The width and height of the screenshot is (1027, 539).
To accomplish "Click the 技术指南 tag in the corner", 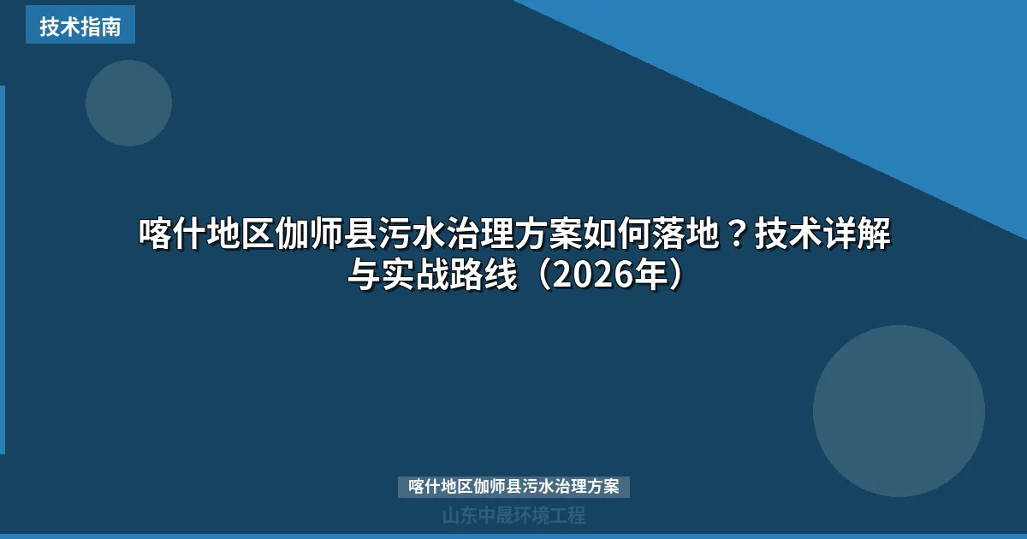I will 80,27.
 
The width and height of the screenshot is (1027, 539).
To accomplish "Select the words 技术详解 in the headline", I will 822,234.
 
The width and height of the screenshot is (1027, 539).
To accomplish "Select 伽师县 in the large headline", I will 326,234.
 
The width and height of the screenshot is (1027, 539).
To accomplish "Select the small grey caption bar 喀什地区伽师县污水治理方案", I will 513,487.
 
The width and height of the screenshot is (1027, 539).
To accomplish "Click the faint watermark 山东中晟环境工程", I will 513,516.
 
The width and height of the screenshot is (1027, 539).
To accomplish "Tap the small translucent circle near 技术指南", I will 128,103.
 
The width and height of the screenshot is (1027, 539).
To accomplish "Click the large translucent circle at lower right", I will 899,411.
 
